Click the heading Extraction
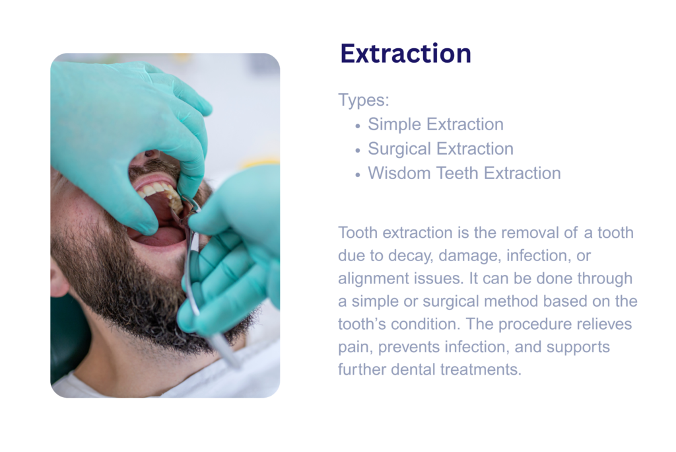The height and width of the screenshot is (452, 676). pyautogui.click(x=406, y=54)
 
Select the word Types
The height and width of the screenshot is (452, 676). pyautogui.click(x=362, y=100)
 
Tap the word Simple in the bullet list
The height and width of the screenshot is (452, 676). pyautogui.click(x=394, y=125)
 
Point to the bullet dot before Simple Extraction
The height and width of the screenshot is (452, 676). pyautogui.click(x=357, y=126)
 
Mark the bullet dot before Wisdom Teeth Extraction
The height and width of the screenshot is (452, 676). pyautogui.click(x=357, y=175)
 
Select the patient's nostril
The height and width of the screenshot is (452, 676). pyautogui.click(x=150, y=154)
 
